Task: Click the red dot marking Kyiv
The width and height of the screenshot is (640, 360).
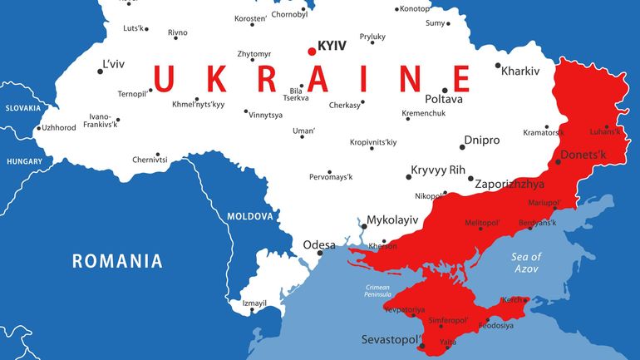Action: (312, 51)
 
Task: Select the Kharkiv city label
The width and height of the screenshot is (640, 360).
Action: (520, 71)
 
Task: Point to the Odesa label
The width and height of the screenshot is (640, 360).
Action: (319, 244)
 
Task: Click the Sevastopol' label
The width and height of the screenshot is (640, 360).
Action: (391, 340)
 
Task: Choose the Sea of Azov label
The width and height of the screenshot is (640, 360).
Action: (526, 263)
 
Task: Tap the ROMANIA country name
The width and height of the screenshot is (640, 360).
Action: (117, 261)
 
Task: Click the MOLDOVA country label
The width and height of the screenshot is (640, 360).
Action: (250, 216)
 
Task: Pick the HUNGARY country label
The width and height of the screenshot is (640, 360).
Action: (24, 161)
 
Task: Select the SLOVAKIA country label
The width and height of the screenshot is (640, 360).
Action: (23, 108)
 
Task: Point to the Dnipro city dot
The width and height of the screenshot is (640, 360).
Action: (462, 147)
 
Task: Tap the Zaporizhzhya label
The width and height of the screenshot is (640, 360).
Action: (510, 184)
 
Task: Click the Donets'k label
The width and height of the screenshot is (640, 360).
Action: (583, 155)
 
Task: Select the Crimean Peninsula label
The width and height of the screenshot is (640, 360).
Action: (378, 290)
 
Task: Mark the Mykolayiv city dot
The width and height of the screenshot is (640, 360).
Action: (362, 225)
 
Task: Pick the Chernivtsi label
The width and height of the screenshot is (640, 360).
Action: (150, 159)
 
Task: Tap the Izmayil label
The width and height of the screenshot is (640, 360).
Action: (254, 303)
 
